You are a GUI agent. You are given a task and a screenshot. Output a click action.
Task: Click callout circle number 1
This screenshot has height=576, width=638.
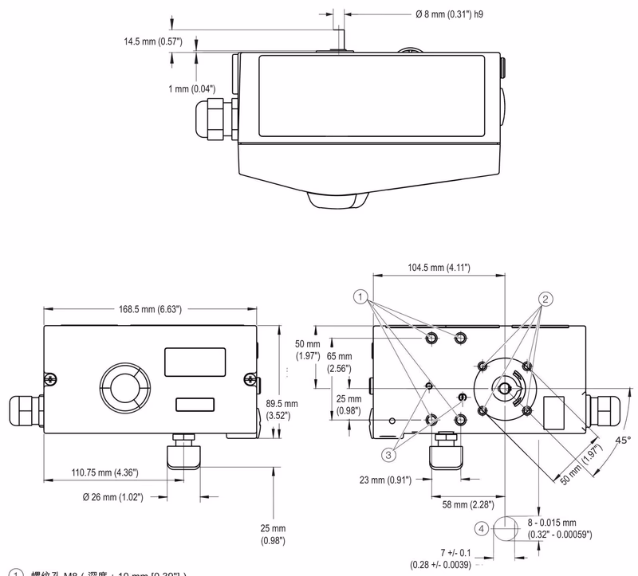click(x=361, y=298)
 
